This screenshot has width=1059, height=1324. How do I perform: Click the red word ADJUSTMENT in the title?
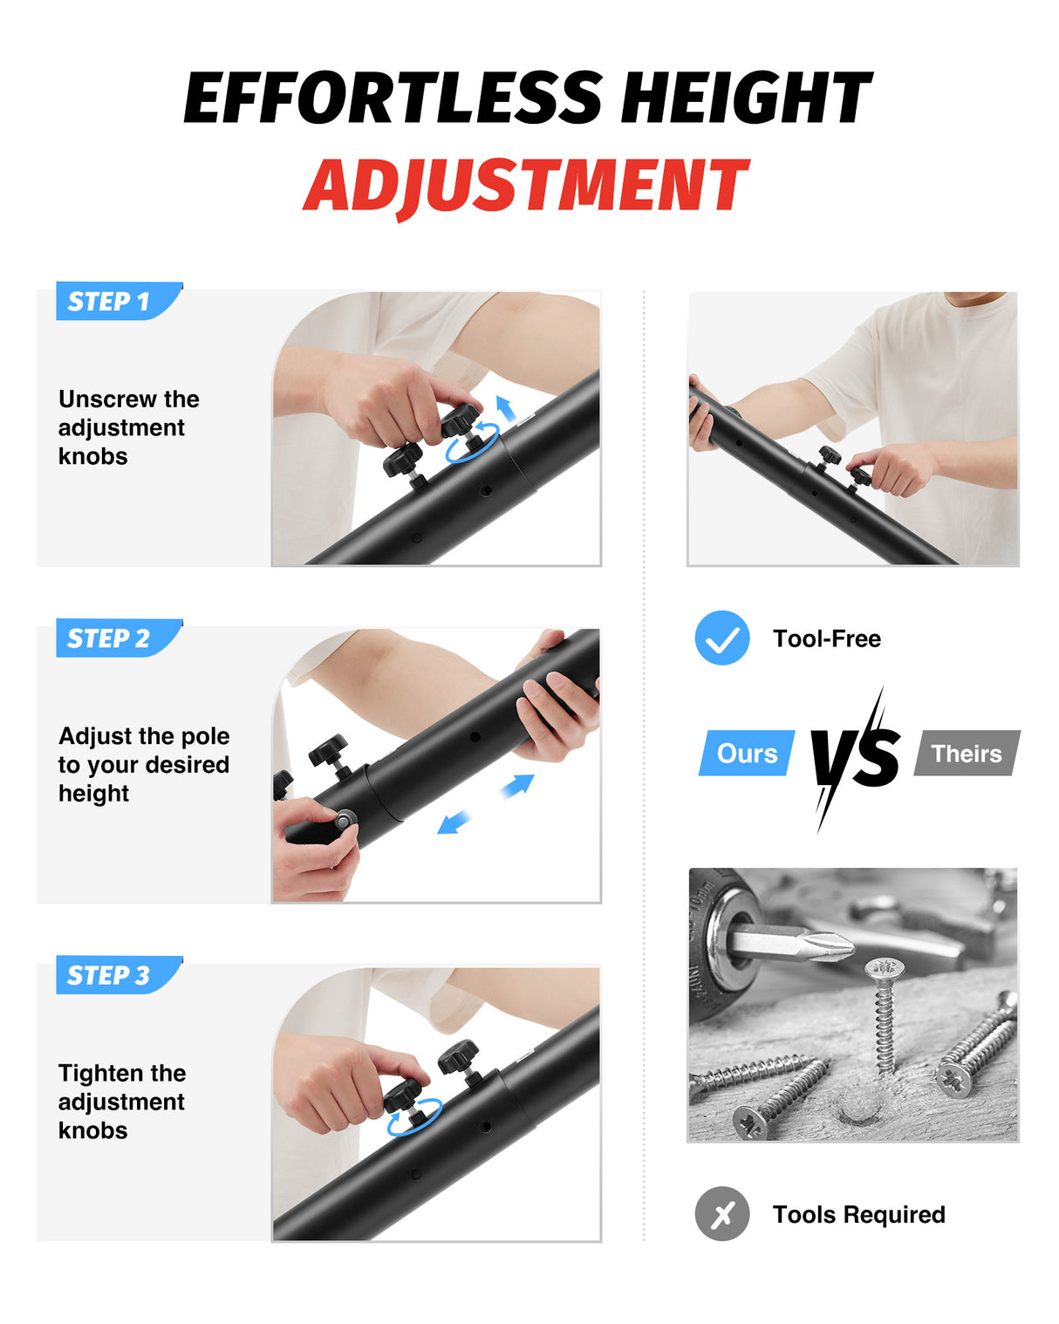click(526, 185)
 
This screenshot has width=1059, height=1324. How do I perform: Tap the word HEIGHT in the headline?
click(747, 97)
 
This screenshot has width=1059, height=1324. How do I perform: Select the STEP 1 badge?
click(119, 301)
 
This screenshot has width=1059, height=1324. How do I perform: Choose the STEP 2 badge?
click(119, 638)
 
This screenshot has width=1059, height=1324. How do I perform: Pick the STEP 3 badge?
click(119, 974)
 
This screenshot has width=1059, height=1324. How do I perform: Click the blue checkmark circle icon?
click(721, 638)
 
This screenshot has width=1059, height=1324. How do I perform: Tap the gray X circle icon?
click(721, 1214)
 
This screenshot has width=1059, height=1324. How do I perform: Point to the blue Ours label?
click(747, 753)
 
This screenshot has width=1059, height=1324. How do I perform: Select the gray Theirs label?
click(967, 753)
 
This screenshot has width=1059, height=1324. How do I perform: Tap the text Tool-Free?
click(826, 638)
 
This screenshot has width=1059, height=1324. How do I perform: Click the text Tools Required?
click(858, 1214)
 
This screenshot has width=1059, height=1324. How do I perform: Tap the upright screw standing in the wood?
click(885, 1015)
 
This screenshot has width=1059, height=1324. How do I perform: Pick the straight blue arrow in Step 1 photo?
click(505, 408)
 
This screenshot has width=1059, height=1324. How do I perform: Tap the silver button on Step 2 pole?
click(344, 819)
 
